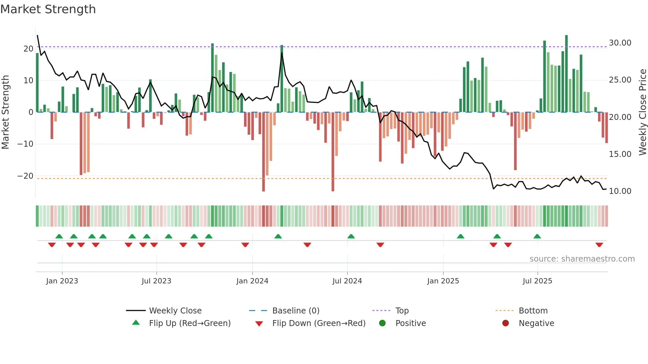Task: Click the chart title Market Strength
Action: (48, 9)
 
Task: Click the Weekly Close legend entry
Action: (175, 311)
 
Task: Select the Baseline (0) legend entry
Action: (296, 311)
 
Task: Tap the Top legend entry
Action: (402, 311)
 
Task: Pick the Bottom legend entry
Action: (533, 311)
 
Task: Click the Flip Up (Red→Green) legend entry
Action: (189, 323)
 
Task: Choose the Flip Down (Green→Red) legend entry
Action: (319, 323)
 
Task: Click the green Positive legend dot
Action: (383, 323)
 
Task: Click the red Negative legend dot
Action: (506, 323)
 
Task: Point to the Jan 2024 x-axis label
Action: (252, 281)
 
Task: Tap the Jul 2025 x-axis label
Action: (537, 281)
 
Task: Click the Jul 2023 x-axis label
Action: (156, 281)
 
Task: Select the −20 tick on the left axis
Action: (25, 176)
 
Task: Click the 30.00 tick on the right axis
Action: (620, 43)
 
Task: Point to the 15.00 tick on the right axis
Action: (620, 154)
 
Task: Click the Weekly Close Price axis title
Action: (642, 112)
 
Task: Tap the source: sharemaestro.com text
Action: (582, 259)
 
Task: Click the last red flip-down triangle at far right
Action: (599, 245)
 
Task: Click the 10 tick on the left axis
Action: (28, 81)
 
